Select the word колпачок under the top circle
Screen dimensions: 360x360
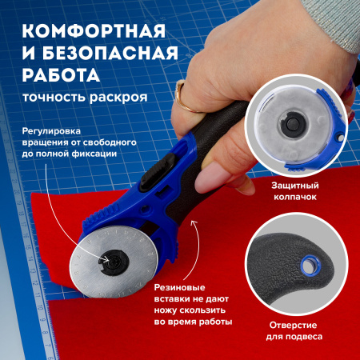[x=295, y=197]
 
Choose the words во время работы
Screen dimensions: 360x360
[x=193, y=322]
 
